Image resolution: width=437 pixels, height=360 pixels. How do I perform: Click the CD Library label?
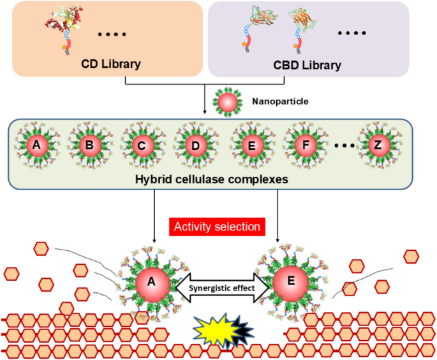pos(110,64)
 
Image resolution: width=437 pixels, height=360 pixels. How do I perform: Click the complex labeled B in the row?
pos(90,146)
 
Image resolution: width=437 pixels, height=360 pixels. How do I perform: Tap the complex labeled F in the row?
pos(306,146)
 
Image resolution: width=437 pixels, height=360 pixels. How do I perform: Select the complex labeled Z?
pos(378,146)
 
